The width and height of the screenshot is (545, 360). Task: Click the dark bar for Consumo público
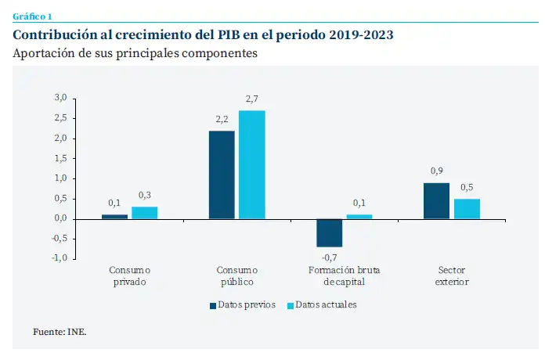[x=222, y=175]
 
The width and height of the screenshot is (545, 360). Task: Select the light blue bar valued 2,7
[x=251, y=164]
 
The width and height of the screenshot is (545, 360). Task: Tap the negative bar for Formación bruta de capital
[x=329, y=232]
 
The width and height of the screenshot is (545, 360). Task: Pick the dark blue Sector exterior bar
[x=436, y=201]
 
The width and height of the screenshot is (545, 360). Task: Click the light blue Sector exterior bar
[x=467, y=209]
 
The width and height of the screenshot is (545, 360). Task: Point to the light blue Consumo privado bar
[x=144, y=213]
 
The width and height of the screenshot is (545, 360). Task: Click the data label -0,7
[x=329, y=257]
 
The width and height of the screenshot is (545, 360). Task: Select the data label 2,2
[x=222, y=120]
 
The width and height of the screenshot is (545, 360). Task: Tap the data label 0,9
[x=436, y=171]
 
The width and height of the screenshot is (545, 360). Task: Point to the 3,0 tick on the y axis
[x=61, y=98]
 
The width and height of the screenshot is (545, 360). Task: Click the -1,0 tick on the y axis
[x=60, y=259]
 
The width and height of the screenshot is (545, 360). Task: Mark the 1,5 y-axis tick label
[x=61, y=159]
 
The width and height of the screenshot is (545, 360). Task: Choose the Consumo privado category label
[x=129, y=275]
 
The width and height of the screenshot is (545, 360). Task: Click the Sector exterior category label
[x=452, y=275]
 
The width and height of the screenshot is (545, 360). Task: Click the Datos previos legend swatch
[x=211, y=304]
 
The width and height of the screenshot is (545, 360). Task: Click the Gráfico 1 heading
[x=32, y=16]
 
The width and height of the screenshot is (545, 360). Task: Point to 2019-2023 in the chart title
[x=362, y=35]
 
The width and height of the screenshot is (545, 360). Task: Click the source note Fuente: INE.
[x=60, y=332]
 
